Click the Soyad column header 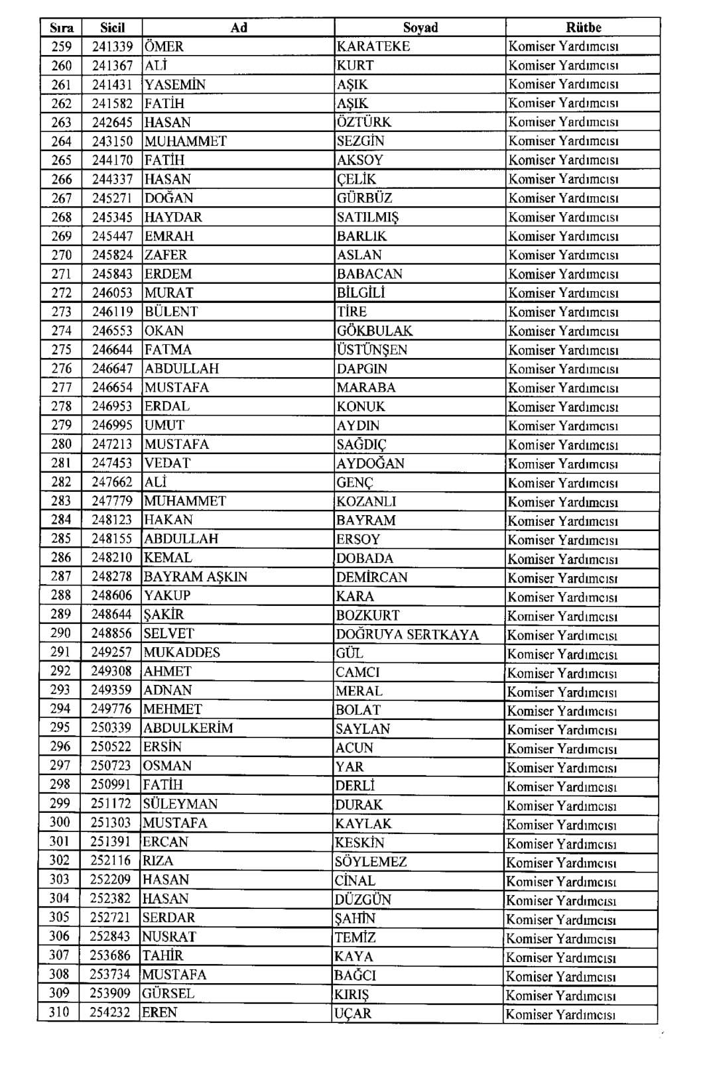point(420,27)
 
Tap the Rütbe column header point(583,27)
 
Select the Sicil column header point(112,27)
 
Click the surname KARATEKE point(373,46)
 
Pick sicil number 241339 point(112,46)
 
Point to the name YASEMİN point(175,84)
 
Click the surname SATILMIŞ point(367,217)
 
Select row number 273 point(61,312)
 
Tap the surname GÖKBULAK point(374,331)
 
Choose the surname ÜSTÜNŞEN point(371,349)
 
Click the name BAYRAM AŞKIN point(195,577)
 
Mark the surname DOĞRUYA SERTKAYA point(407,634)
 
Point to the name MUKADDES point(182,652)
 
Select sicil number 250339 point(111,728)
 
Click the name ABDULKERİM point(188,728)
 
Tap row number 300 point(60,823)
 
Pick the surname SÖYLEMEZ point(371,862)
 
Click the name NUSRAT point(169,937)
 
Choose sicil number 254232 point(110,1013)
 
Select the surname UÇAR point(353,1014)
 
